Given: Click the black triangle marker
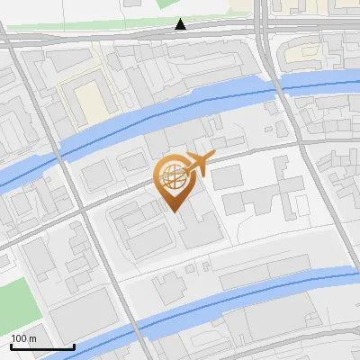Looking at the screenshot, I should pyautogui.click(x=181, y=24).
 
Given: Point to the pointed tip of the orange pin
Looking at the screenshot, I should pyautogui.click(x=175, y=211).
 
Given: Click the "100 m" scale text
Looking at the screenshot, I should pyautogui.click(x=23, y=337).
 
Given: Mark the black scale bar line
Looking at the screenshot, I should pyautogui.click(x=42, y=346).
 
